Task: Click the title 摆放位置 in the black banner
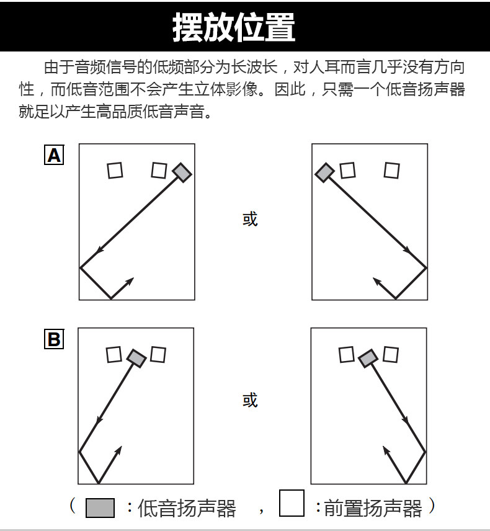(x=234, y=27)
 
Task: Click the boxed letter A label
(x=54, y=155)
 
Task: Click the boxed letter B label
(x=54, y=339)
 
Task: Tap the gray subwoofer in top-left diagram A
(x=181, y=172)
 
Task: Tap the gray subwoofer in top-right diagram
(x=324, y=172)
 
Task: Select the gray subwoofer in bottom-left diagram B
(x=136, y=357)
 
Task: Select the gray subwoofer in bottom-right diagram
(x=368, y=357)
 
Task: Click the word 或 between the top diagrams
(x=249, y=219)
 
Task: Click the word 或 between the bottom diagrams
(x=249, y=400)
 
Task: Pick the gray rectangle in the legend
(x=100, y=508)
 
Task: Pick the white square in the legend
(x=292, y=504)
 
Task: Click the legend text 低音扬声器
(x=187, y=509)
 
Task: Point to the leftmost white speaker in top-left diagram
(x=115, y=170)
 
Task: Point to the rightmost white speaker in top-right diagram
(x=391, y=170)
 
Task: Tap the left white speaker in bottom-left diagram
(x=114, y=354)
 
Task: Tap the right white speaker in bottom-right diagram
(x=390, y=354)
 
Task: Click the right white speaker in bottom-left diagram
(x=158, y=354)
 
